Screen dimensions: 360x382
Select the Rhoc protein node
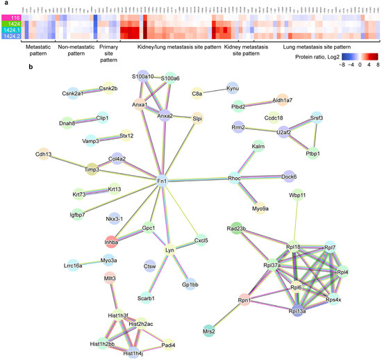(x=234, y=178)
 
